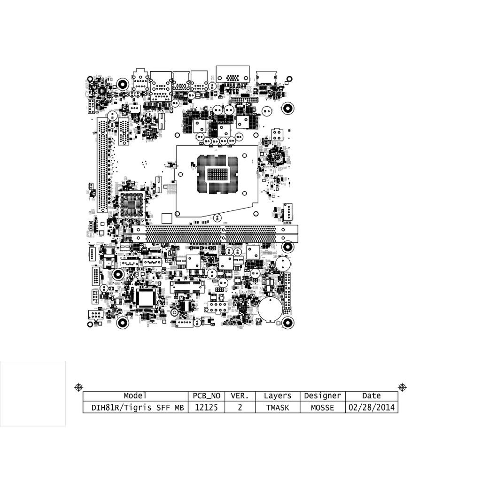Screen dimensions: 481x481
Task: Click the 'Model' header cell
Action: point(135,396)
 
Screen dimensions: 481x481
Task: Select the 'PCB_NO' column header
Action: point(207,396)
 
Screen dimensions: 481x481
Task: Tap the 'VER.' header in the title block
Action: point(240,396)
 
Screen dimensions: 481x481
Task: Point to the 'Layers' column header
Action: point(278,396)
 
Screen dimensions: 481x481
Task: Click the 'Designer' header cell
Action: point(322,396)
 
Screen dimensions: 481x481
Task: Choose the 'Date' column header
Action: point(372,396)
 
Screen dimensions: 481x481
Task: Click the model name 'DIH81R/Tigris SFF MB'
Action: point(135,408)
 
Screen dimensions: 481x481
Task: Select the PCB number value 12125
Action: point(207,408)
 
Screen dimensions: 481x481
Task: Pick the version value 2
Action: point(240,408)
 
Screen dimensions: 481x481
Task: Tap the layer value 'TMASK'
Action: point(278,408)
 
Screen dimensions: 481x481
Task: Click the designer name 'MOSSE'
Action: point(322,408)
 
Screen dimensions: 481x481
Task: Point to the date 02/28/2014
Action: point(372,408)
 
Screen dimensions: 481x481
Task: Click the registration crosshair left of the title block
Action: point(79,387)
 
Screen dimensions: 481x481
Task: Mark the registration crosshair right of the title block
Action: point(402,387)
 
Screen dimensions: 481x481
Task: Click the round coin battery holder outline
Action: point(271,308)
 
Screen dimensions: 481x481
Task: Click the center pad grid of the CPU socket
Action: point(217,174)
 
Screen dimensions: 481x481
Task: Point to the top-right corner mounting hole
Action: point(288,109)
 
